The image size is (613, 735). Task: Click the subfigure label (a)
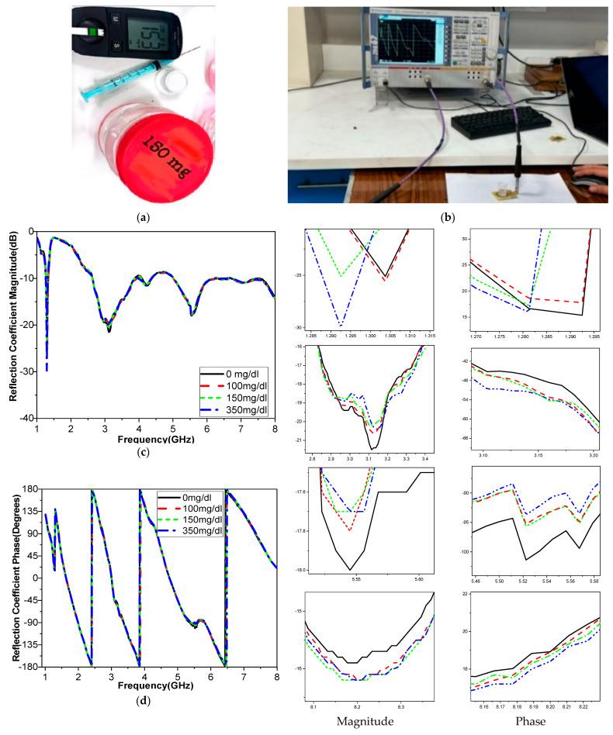pyautogui.click(x=144, y=219)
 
